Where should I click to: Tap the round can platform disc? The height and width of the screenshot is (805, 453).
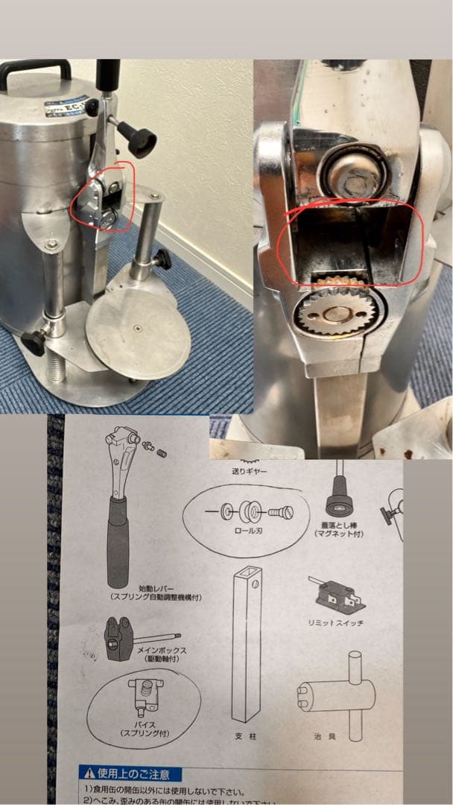click(138, 333)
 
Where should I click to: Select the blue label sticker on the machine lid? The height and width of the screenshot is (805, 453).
click(66, 106)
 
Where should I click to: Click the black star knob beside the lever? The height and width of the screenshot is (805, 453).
click(140, 138)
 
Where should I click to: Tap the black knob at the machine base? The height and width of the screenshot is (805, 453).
click(34, 342)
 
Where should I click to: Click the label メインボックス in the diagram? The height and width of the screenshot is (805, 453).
click(162, 649)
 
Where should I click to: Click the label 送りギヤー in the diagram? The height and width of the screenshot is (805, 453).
click(250, 471)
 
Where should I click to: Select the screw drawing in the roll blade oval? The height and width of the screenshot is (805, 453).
click(281, 513)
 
